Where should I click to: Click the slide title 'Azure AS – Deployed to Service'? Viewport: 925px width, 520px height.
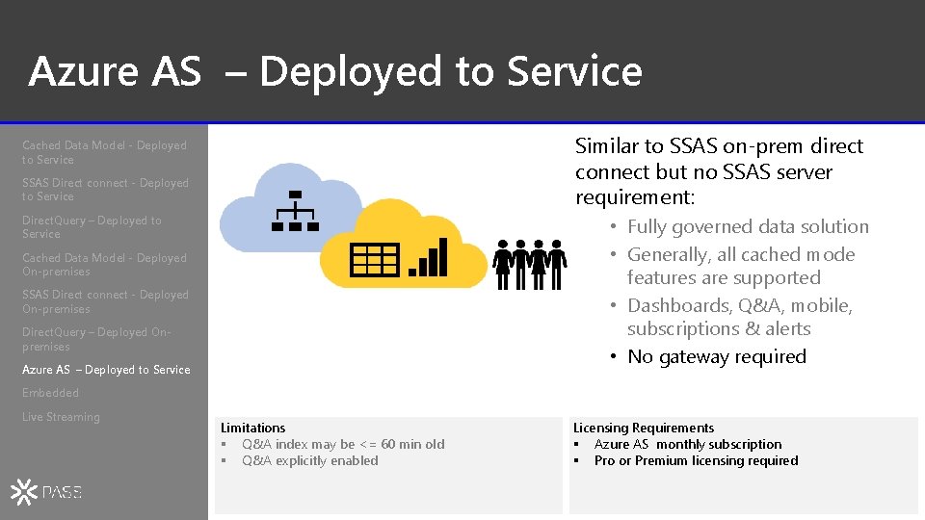(x=334, y=71)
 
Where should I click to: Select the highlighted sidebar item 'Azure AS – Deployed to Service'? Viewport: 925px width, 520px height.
(x=106, y=370)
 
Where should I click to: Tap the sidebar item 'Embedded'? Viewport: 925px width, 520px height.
(x=50, y=393)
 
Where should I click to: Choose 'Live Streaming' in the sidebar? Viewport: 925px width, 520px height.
(x=61, y=417)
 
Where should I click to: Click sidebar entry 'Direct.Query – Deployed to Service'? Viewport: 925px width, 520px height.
(x=92, y=227)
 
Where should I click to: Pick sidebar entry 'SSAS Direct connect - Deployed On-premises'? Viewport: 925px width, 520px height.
(x=105, y=301)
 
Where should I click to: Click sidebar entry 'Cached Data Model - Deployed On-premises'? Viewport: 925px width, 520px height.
(x=104, y=265)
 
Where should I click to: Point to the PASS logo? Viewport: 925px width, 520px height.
(x=46, y=492)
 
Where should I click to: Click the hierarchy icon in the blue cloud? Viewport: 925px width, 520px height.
(x=295, y=211)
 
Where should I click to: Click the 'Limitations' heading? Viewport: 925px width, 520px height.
(x=252, y=428)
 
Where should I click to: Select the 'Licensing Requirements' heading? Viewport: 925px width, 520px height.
(x=644, y=428)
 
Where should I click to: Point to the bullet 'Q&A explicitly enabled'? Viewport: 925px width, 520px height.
(x=309, y=460)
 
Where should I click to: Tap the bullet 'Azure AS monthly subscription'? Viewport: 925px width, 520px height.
(x=687, y=444)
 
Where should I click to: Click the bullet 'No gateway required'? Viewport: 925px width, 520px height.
(x=716, y=356)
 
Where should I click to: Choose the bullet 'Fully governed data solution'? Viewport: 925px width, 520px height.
(x=748, y=227)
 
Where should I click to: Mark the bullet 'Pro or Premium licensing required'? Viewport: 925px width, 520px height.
(x=696, y=460)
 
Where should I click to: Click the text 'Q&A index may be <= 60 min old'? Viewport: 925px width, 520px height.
(x=343, y=444)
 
